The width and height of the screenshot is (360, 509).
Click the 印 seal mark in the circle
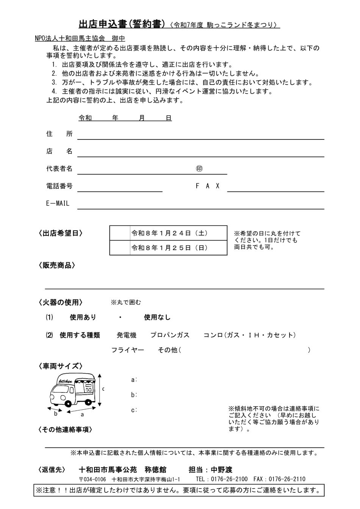[199, 169]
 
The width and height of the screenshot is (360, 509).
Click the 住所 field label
[59, 134]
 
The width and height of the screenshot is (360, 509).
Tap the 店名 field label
[59, 151]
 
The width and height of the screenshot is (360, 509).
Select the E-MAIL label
[58, 204]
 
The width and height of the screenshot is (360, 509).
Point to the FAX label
[208, 186]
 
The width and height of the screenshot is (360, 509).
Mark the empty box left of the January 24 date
[120, 233]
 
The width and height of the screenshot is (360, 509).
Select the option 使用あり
[83, 317]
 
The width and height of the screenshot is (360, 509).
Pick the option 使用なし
[157, 317]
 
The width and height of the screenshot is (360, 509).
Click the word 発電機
[126, 335]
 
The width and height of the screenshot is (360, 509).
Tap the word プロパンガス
[170, 335]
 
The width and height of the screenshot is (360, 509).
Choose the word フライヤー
[128, 350]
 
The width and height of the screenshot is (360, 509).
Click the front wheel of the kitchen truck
[69, 403]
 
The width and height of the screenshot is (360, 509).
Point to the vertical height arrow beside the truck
[100, 390]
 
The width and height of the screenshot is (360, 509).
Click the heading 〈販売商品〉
[57, 265]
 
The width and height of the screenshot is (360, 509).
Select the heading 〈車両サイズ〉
[61, 366]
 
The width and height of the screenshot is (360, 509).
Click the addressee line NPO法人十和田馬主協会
[69, 38]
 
